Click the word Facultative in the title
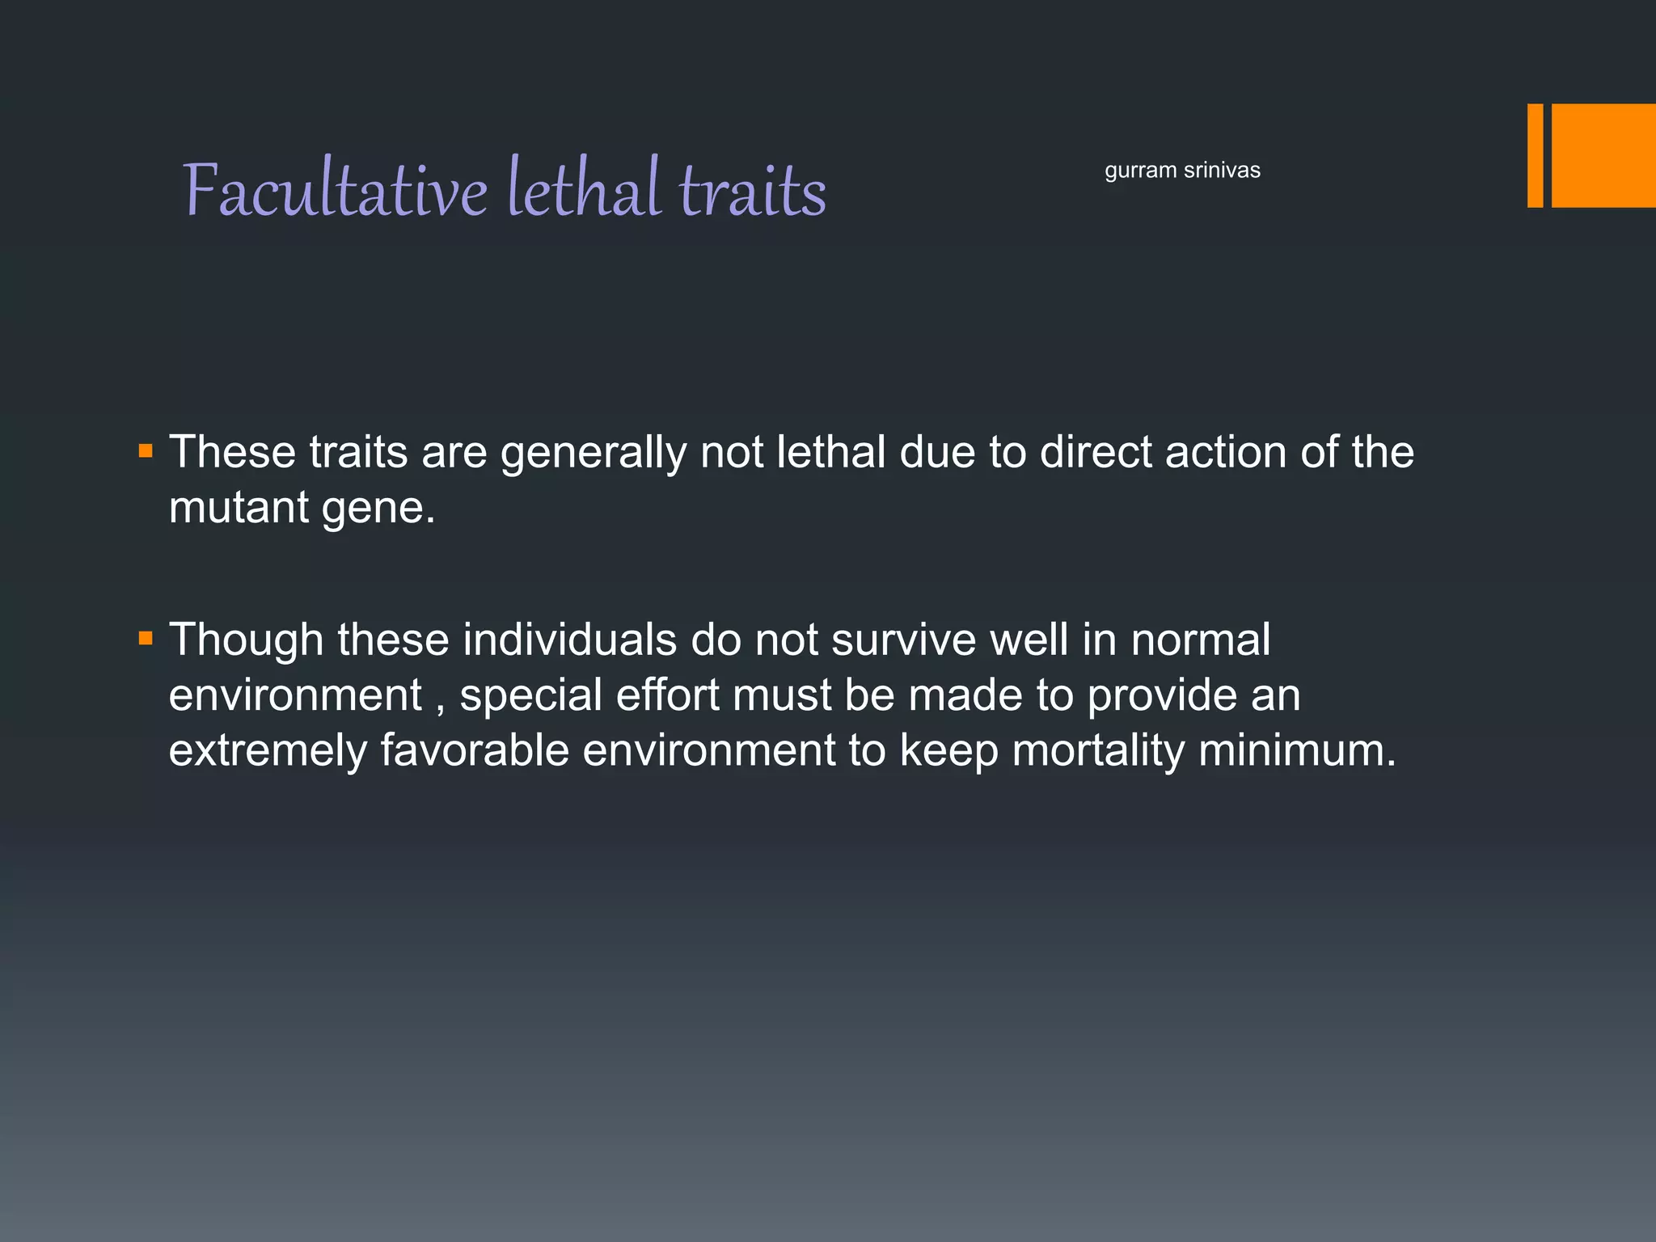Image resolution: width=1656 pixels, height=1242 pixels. click(x=336, y=190)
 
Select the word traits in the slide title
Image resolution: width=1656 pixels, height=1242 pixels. click(x=752, y=190)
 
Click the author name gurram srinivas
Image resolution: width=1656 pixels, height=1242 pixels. click(x=1182, y=171)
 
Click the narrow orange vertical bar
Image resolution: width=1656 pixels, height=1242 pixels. click(x=1535, y=155)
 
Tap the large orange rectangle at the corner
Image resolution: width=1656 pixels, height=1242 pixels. click(x=1603, y=155)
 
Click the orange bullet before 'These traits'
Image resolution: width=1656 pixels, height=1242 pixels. click(x=146, y=450)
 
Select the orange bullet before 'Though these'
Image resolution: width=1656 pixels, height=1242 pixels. click(x=146, y=639)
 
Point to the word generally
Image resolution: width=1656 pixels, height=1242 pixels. click(x=593, y=453)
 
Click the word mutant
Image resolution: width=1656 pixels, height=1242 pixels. click(x=239, y=508)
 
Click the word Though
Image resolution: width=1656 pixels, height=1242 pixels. click(x=246, y=640)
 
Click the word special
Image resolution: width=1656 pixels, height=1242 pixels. click(x=530, y=695)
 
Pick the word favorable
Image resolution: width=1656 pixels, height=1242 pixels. click(x=475, y=750)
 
